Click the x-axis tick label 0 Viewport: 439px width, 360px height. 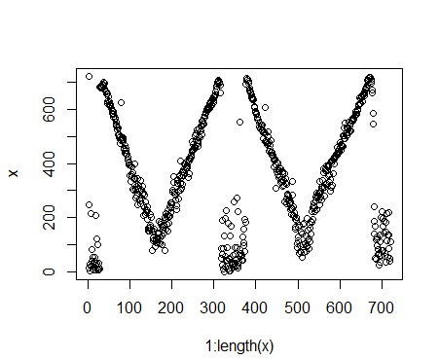(x=88, y=306)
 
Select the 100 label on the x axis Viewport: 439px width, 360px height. (x=129, y=306)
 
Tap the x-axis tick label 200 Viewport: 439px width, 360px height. (x=171, y=306)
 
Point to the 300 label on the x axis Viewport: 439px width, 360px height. (x=213, y=306)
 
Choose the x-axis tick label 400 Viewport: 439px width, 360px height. (x=256, y=306)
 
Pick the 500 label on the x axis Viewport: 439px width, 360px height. (x=298, y=306)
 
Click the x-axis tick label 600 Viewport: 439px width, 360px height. (x=340, y=306)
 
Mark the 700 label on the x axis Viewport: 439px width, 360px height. (x=382, y=306)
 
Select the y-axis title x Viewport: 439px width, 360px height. (x=14, y=173)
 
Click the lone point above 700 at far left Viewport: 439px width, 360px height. (x=89, y=76)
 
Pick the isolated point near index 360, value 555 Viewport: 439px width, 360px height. (x=239, y=122)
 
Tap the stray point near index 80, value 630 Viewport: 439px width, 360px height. (x=122, y=102)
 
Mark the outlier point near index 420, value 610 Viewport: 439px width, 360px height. (x=265, y=107)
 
